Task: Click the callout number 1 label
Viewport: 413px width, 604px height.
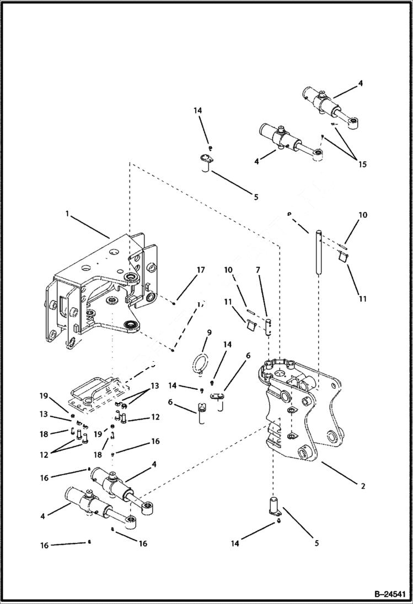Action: (x=67, y=214)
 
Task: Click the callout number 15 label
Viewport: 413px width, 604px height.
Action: (x=362, y=164)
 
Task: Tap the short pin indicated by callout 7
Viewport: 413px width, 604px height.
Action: (x=269, y=326)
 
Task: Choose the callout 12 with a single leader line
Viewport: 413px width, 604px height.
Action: (x=155, y=417)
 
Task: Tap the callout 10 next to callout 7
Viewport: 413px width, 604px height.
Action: (x=227, y=270)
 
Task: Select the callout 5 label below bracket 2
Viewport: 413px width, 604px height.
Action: (x=317, y=543)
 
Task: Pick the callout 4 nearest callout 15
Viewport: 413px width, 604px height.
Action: (x=361, y=84)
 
